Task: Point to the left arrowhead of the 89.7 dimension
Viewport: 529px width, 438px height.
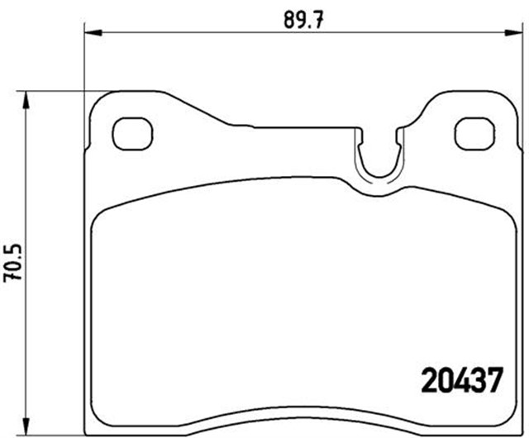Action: tap(92, 33)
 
